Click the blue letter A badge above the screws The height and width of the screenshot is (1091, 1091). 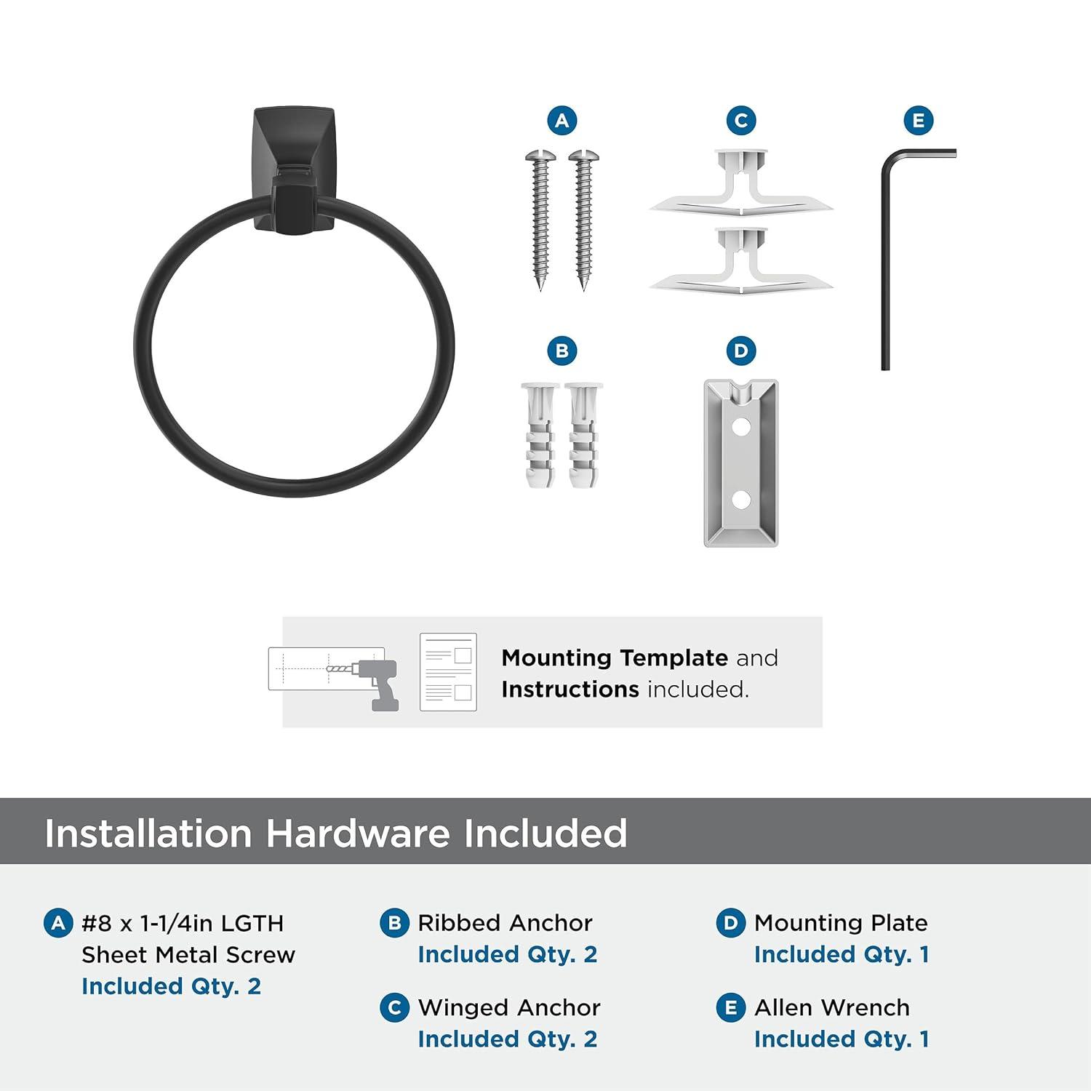562,121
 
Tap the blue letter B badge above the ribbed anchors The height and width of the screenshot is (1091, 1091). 562,351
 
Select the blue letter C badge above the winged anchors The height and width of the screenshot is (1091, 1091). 741,121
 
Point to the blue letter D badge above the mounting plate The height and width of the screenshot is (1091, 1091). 741,351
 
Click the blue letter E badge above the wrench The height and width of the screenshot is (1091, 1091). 919,121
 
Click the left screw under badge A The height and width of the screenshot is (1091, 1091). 540,218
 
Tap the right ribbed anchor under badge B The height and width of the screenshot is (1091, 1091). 583,435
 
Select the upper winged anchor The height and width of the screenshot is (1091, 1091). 741,184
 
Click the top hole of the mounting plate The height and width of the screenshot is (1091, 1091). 741,427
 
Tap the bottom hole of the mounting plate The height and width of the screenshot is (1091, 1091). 741,500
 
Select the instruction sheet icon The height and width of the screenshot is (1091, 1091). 448,672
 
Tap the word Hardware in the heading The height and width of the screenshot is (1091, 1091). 358,833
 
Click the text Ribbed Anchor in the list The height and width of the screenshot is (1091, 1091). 505,923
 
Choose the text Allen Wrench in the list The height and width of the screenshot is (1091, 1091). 831,1007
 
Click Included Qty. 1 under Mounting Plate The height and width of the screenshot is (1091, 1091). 842,954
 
